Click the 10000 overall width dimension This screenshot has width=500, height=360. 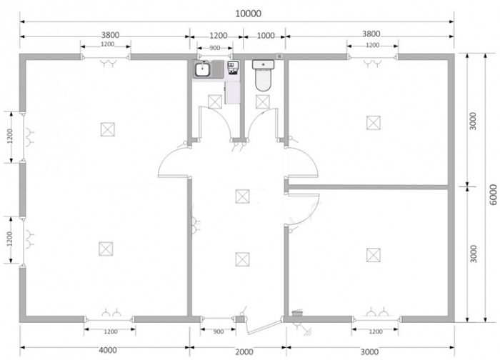pyautogui.click(x=249, y=14)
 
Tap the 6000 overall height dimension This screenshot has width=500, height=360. pyautogui.click(x=493, y=194)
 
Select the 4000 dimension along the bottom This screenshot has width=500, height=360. pyautogui.click(x=108, y=350)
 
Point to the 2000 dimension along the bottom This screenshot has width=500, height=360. pyautogui.click(x=244, y=351)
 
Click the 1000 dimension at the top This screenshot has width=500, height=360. pyautogui.click(x=266, y=36)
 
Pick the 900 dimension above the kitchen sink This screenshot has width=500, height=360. pyautogui.click(x=215, y=48)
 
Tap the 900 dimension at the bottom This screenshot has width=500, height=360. pyautogui.click(x=219, y=331)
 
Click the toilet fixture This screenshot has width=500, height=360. pyautogui.click(x=263, y=75)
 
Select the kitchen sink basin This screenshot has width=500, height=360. pyautogui.click(x=202, y=69)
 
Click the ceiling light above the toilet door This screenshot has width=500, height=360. pyautogui.click(x=263, y=101)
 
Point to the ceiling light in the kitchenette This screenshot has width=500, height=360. pyautogui.click(x=215, y=101)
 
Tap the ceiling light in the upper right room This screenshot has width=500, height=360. pyautogui.click(x=374, y=123)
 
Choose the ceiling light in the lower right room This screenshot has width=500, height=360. pyautogui.click(x=374, y=255)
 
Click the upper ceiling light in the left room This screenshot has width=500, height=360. pyautogui.click(x=108, y=129)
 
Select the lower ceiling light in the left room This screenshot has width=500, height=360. pyautogui.click(x=106, y=249)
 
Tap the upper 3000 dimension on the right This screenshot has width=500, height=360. pyautogui.click(x=473, y=121)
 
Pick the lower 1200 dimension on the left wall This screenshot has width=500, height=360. pyautogui.click(x=9, y=239)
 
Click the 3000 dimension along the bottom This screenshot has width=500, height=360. pyautogui.click(x=369, y=351)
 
